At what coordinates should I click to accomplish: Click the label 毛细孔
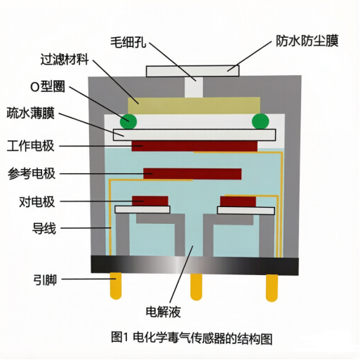[x=128, y=42]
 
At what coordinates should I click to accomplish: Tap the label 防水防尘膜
[x=307, y=41]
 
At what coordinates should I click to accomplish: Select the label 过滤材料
[x=65, y=60]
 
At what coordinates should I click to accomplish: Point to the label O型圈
[x=48, y=86]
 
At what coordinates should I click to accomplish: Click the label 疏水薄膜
[x=31, y=113]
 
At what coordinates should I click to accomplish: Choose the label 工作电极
[x=31, y=146]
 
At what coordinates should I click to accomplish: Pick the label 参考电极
[x=32, y=173]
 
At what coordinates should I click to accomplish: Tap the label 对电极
[x=37, y=201]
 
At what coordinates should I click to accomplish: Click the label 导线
[x=44, y=228]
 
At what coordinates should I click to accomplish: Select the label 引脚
[x=45, y=279]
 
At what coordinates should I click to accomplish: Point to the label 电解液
[x=164, y=312]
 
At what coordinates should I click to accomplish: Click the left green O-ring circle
[x=128, y=121]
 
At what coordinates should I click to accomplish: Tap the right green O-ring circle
[x=260, y=121]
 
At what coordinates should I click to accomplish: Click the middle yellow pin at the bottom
[x=196, y=287]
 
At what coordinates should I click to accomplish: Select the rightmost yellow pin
[x=272, y=288]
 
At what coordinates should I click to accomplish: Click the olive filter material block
[x=194, y=105]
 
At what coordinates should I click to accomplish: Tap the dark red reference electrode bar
[x=192, y=174]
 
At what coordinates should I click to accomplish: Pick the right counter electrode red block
[x=238, y=201]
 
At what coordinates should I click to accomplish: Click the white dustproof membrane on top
[x=193, y=71]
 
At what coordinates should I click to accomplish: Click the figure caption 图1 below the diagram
[x=192, y=338]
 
